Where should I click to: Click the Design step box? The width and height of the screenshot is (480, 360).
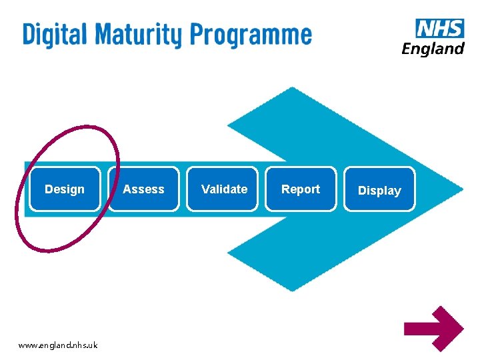pos(65,189)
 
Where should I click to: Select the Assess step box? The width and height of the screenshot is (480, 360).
pos(143,189)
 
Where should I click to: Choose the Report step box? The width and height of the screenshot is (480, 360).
pos(301,189)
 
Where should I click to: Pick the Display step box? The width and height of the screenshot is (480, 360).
pos(379,189)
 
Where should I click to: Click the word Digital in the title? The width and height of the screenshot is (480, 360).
pos(55,34)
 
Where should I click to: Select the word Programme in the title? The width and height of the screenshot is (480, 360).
pos(251,35)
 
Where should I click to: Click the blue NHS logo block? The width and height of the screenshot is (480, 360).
pos(439,29)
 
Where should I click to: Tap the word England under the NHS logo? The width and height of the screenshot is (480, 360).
pos(433,49)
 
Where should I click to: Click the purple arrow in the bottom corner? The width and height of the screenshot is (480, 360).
pos(433,327)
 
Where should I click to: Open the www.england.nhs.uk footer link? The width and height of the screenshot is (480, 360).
pos(58,345)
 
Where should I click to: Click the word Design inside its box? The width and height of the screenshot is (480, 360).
pos(65,189)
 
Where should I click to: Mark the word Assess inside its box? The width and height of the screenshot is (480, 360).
pos(143,189)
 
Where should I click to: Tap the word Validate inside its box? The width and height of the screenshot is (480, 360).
pos(224,189)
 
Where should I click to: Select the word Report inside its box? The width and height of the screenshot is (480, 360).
pos(301,189)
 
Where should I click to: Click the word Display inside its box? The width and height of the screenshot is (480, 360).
pos(379,191)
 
